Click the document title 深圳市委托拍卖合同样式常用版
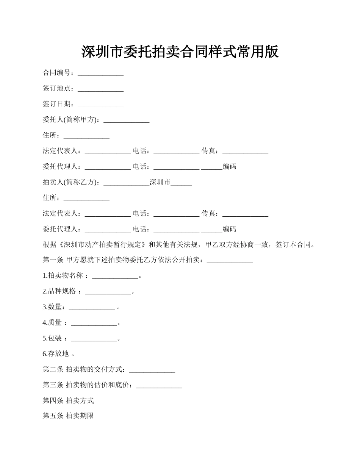point(180,52)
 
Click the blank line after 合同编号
point(100,73)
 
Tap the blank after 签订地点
point(100,89)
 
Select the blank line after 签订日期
point(100,105)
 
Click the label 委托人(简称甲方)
point(71,120)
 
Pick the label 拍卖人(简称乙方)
point(71,183)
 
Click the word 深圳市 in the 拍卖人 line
point(160,183)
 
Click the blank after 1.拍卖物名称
point(115,276)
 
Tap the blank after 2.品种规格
point(108,292)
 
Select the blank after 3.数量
point(92,307)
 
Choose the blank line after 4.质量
point(94,323)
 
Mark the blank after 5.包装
point(94,339)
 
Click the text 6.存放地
point(56,354)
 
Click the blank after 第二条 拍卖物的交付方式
point(152,370)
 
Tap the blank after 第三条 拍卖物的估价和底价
point(159,385)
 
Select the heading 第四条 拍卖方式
point(68,400)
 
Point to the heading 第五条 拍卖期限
point(68,416)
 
